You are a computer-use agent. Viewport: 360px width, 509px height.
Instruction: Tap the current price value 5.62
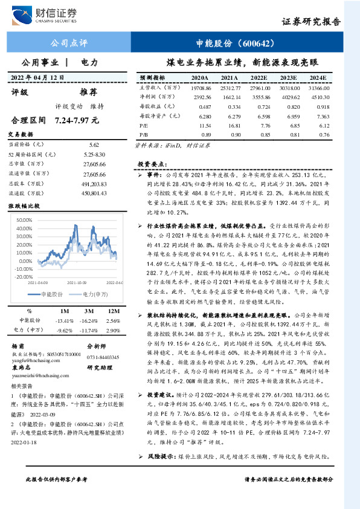coord(93,145)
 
